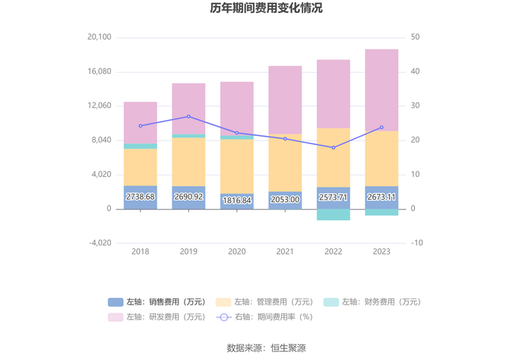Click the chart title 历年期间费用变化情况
click(x=266, y=8)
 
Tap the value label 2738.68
click(x=141, y=197)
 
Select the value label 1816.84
click(x=237, y=200)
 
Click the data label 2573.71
click(x=334, y=197)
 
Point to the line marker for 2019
click(x=188, y=117)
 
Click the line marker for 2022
click(x=334, y=147)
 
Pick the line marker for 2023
click(x=382, y=128)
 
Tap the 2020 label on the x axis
click(x=237, y=251)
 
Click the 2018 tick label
click(x=141, y=251)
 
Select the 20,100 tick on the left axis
click(x=100, y=37)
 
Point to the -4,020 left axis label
click(x=100, y=243)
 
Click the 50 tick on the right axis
click(x=415, y=37)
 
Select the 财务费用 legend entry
click(x=371, y=302)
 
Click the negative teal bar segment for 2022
click(x=334, y=215)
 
